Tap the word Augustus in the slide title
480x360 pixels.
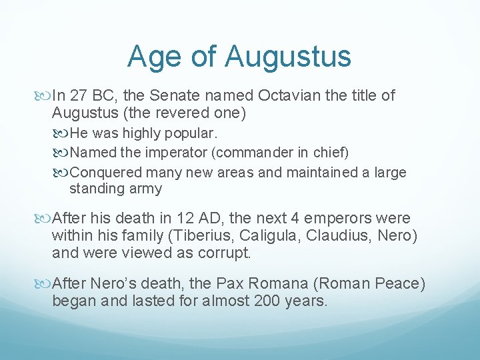point(288,57)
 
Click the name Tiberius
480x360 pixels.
point(201,236)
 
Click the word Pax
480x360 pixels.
point(257,283)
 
